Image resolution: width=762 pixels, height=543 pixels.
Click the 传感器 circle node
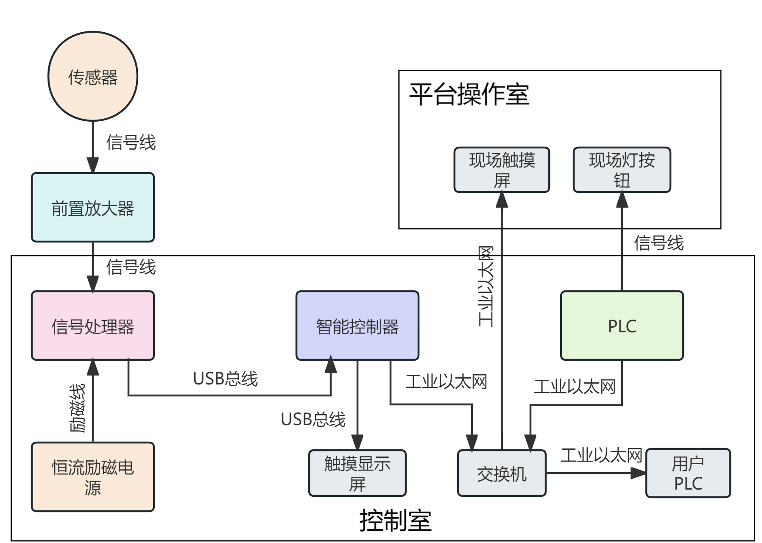(93, 76)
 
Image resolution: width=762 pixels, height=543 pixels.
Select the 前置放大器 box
(93, 208)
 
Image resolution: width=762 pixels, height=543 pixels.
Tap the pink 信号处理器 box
(93, 326)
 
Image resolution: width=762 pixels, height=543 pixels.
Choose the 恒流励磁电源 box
(93, 477)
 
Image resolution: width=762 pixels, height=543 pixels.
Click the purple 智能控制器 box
(357, 326)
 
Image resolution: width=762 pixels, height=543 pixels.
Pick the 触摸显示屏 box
(357, 473)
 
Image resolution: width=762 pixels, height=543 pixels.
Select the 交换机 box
(502, 473)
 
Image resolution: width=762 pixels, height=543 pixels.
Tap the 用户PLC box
(688, 473)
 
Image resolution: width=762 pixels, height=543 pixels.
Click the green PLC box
(622, 326)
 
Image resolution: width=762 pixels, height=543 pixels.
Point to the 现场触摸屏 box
(502, 170)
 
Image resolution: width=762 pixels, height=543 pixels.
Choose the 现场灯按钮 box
(622, 170)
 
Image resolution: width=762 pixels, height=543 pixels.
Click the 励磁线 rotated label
(78, 408)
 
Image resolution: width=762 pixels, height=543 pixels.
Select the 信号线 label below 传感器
(131, 142)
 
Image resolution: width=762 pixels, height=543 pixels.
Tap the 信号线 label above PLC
(659, 243)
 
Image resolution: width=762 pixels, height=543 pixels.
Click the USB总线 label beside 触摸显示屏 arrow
(313, 419)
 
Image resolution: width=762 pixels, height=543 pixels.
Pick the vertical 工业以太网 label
(486, 287)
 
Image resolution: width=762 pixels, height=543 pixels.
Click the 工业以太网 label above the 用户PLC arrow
(601, 456)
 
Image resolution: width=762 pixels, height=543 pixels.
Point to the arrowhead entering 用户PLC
(638, 473)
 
